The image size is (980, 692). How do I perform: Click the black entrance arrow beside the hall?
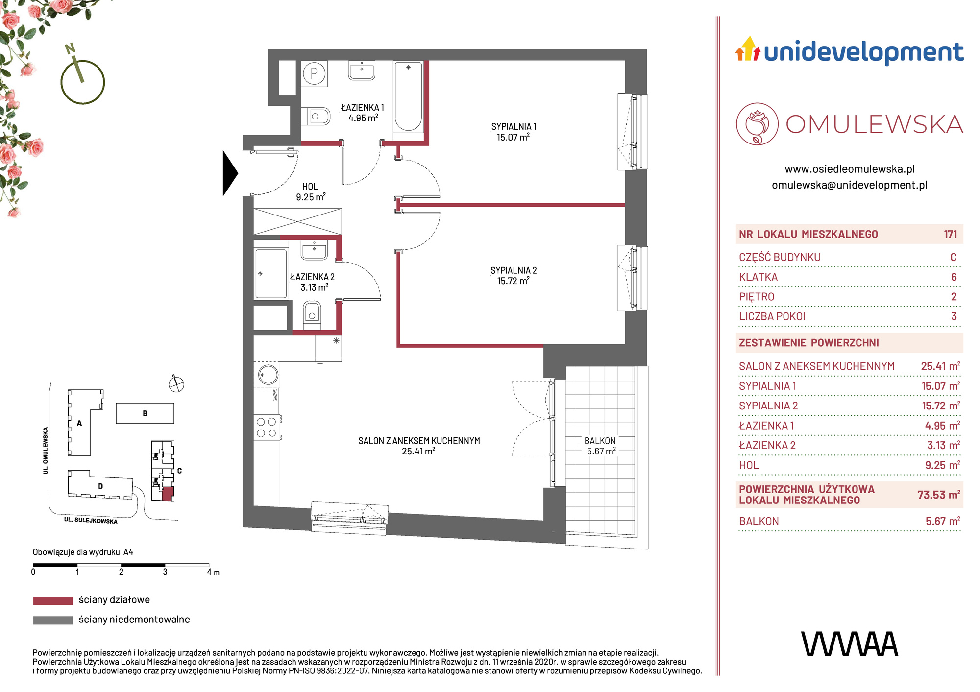click(x=230, y=173)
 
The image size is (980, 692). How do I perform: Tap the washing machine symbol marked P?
click(x=314, y=74)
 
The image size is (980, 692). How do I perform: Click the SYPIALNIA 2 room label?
click(x=514, y=276)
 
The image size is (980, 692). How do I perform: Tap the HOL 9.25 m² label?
click(x=311, y=192)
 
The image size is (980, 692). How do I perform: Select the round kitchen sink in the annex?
click(x=268, y=375)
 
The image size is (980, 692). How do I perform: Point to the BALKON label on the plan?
click(x=600, y=441)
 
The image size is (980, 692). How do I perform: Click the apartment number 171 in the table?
click(x=950, y=234)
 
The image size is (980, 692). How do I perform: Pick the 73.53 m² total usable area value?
click(x=938, y=495)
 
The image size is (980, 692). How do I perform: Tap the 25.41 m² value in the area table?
click(x=940, y=366)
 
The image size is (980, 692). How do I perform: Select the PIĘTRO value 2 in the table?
click(x=954, y=297)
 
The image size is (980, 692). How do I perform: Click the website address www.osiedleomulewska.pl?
click(x=850, y=169)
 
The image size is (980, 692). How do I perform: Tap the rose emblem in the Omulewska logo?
click(x=757, y=124)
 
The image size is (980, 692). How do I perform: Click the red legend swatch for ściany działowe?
click(x=53, y=600)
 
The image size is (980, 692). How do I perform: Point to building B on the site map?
click(x=145, y=413)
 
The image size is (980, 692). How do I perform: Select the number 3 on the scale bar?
click(x=165, y=572)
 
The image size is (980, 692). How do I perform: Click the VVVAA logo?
click(x=850, y=644)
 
